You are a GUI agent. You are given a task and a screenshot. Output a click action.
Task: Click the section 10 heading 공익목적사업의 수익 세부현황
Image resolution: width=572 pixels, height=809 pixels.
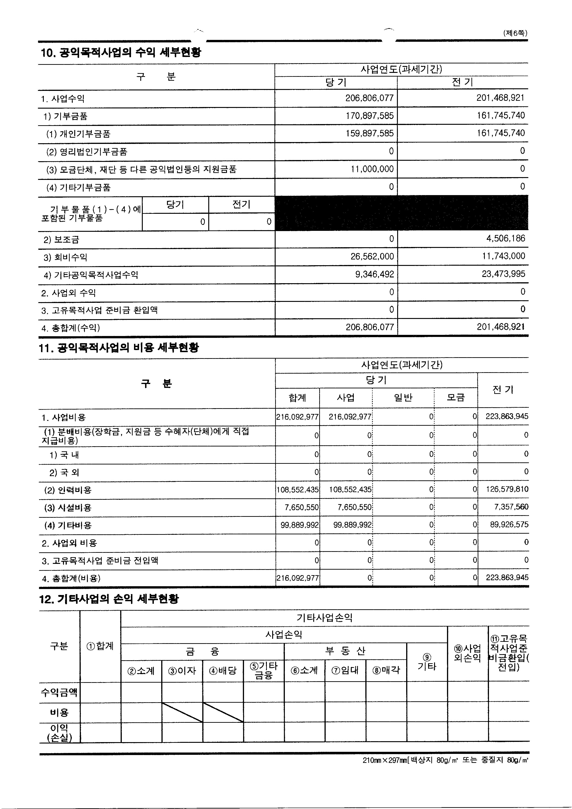121,53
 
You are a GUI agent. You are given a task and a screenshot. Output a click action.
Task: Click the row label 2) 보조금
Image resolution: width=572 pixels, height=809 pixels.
61,240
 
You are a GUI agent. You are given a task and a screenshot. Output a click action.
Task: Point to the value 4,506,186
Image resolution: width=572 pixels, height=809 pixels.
505,238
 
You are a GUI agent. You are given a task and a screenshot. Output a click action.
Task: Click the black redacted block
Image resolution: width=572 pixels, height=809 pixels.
401,213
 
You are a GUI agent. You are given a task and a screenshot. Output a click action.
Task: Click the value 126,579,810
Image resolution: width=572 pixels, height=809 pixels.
507,489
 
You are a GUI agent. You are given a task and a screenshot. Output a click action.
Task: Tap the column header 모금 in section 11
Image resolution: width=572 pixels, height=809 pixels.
456,398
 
